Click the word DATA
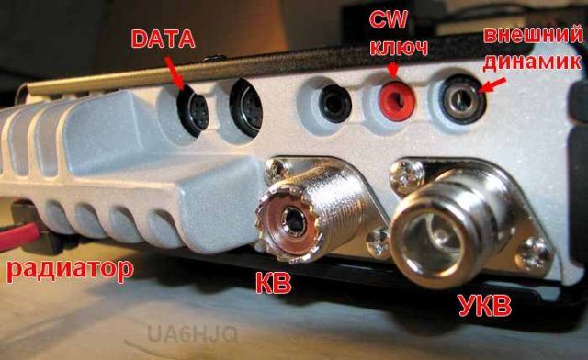pos(164,39)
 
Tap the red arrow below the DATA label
pos(174,73)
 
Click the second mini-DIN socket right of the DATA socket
pos(246,107)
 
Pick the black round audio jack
pos(334,104)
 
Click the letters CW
pos(388,19)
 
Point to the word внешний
pos(533,35)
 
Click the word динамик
pos(532,62)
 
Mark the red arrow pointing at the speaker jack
pos(492,86)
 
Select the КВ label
pos(274,282)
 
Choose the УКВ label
pos(485,306)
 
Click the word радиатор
pos(70,269)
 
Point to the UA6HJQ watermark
pos(193,333)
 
